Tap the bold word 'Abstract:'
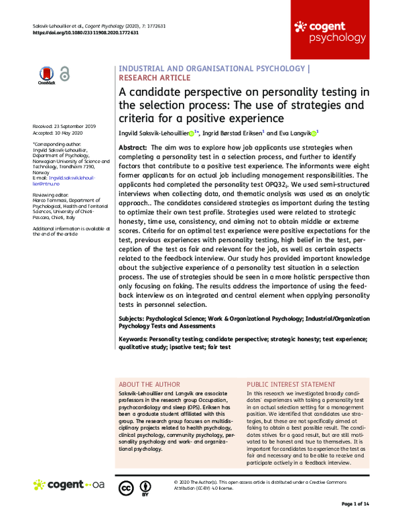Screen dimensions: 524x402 [x=133, y=147]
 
